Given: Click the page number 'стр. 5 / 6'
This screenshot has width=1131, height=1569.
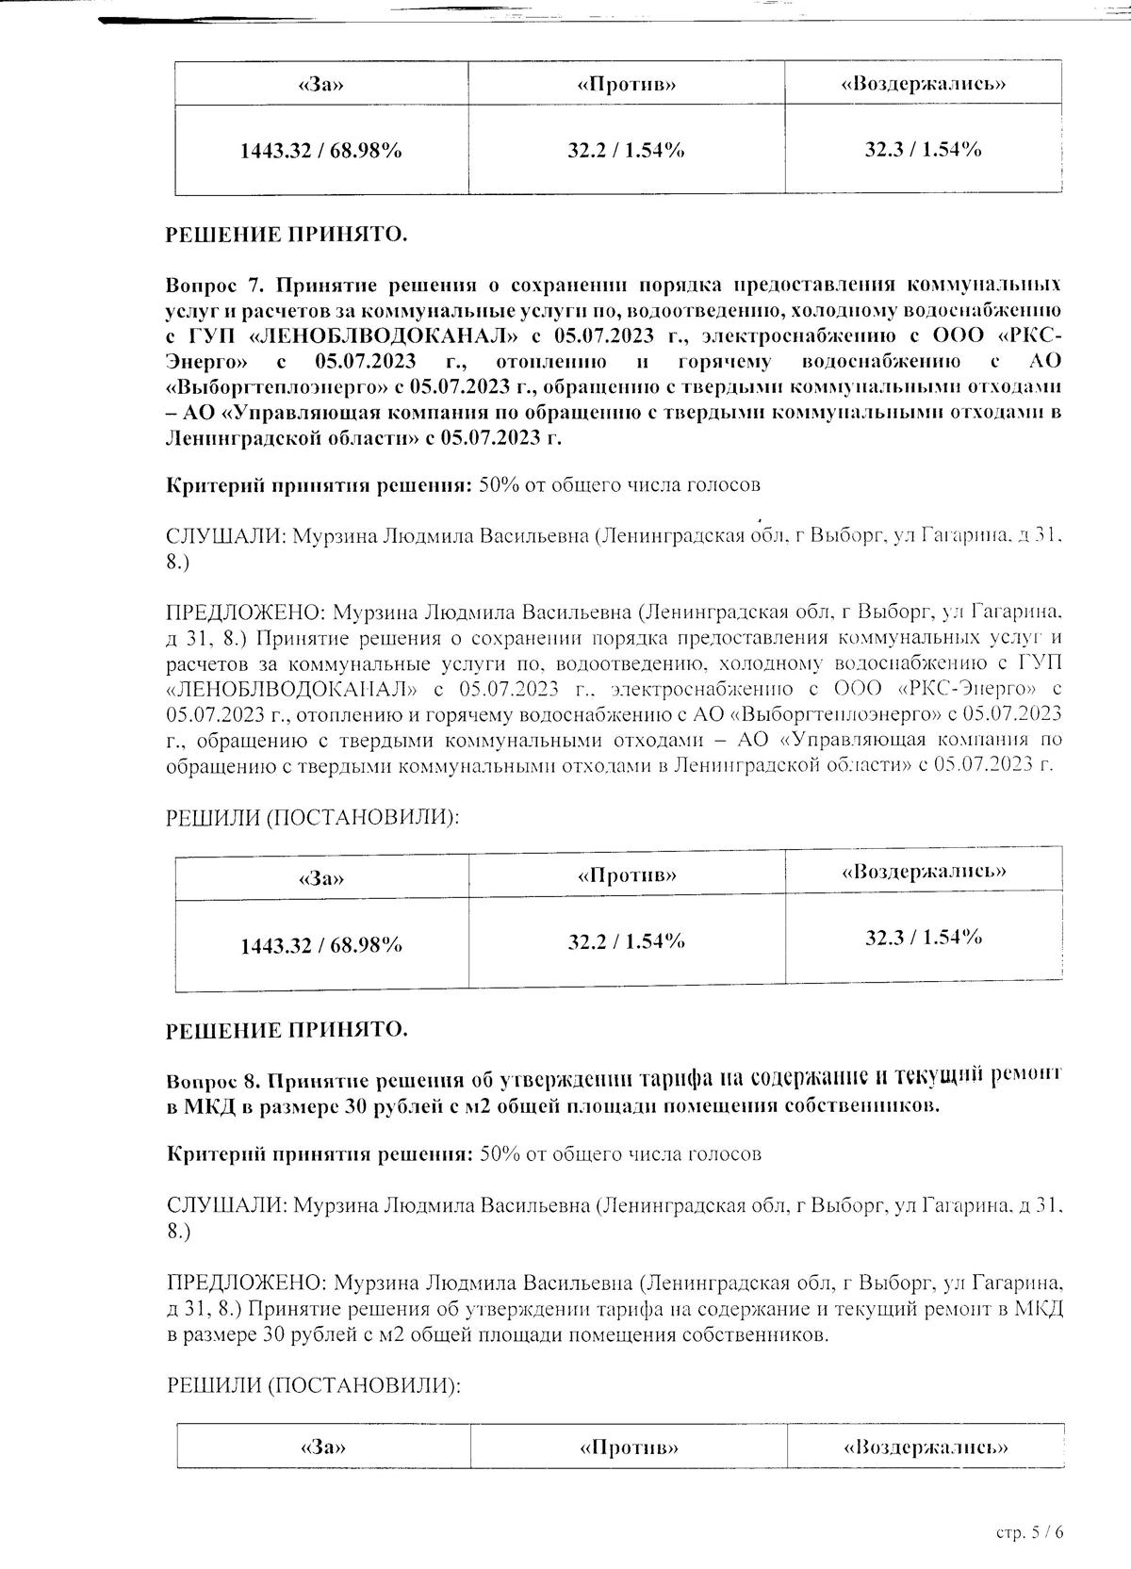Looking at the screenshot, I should tap(1029, 1532).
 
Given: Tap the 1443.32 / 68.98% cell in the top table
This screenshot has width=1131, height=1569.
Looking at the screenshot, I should tap(321, 150).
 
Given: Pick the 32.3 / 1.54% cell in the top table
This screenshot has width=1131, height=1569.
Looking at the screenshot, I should tap(923, 149).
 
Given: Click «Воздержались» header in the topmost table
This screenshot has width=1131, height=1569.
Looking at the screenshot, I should tap(923, 84).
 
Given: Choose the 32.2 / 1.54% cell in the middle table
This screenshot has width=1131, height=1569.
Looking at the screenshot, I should tap(626, 941).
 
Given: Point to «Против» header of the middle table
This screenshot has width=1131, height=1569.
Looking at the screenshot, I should tap(627, 875).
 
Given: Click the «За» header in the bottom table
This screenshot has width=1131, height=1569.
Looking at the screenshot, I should tap(322, 1447).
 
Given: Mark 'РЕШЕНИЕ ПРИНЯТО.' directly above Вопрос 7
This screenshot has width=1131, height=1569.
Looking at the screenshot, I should tap(287, 235).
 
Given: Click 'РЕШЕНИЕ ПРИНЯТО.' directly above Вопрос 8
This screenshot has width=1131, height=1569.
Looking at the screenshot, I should tap(287, 1030).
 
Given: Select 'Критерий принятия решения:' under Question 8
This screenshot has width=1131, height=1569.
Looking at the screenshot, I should tap(319, 1153).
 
